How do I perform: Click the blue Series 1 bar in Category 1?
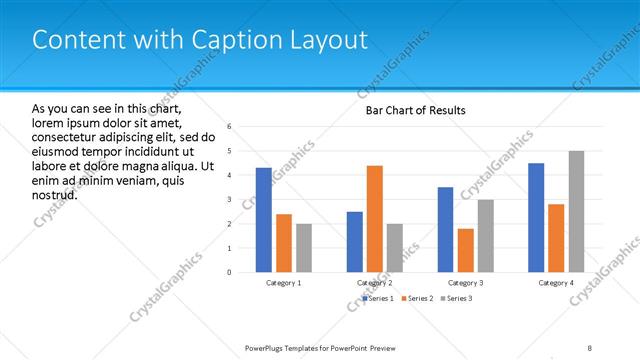point(263,220)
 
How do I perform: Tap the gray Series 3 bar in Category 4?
point(577,212)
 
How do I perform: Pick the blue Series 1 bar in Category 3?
point(445,230)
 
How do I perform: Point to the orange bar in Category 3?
point(466,250)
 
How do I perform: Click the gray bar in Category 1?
point(304,248)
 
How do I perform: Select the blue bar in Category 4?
point(536,218)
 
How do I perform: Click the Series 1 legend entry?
point(379,298)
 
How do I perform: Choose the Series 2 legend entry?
point(418,298)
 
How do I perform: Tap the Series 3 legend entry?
point(457,298)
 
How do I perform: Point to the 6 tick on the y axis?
point(230,127)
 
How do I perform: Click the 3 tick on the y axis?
point(230,199)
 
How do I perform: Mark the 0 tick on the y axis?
point(230,272)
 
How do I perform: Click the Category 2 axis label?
point(375,283)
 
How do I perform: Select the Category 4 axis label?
point(557,283)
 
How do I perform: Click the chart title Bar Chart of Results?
point(415,110)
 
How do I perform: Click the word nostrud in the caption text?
point(55,194)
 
